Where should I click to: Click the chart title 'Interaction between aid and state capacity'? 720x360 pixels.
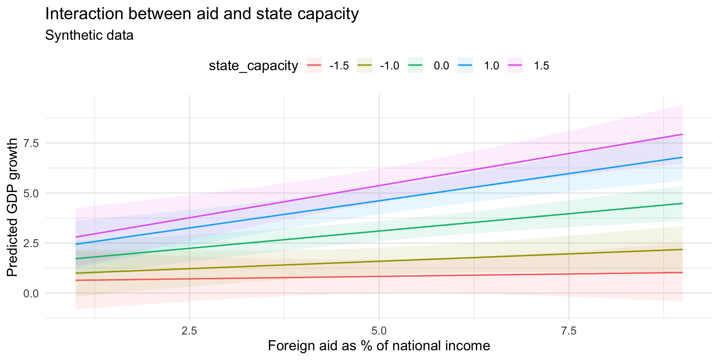(202, 14)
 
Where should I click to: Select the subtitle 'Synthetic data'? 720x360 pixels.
(89, 36)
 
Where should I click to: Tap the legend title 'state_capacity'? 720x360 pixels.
(253, 66)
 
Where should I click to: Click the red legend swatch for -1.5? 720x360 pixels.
(314, 65)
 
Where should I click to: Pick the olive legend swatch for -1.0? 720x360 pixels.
(364, 65)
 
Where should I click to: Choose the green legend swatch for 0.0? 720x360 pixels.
(415, 65)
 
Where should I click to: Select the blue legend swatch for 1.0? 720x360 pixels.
(465, 65)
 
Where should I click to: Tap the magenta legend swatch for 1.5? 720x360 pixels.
(515, 65)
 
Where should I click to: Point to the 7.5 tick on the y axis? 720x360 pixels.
(31, 143)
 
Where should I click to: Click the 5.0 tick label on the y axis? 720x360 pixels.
(31, 193)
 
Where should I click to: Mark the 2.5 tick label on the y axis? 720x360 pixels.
(31, 243)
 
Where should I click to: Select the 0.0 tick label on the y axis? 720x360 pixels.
(31, 293)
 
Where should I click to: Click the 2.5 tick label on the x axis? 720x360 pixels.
(189, 331)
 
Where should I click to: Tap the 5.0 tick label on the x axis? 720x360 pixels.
(379, 331)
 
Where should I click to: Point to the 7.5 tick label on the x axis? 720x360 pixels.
(569, 331)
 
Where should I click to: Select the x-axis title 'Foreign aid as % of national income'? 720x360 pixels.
(379, 346)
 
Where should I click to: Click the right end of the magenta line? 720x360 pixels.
(682, 134)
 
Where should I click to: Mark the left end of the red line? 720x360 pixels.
(76, 280)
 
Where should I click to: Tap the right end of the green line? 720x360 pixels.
(682, 203)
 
